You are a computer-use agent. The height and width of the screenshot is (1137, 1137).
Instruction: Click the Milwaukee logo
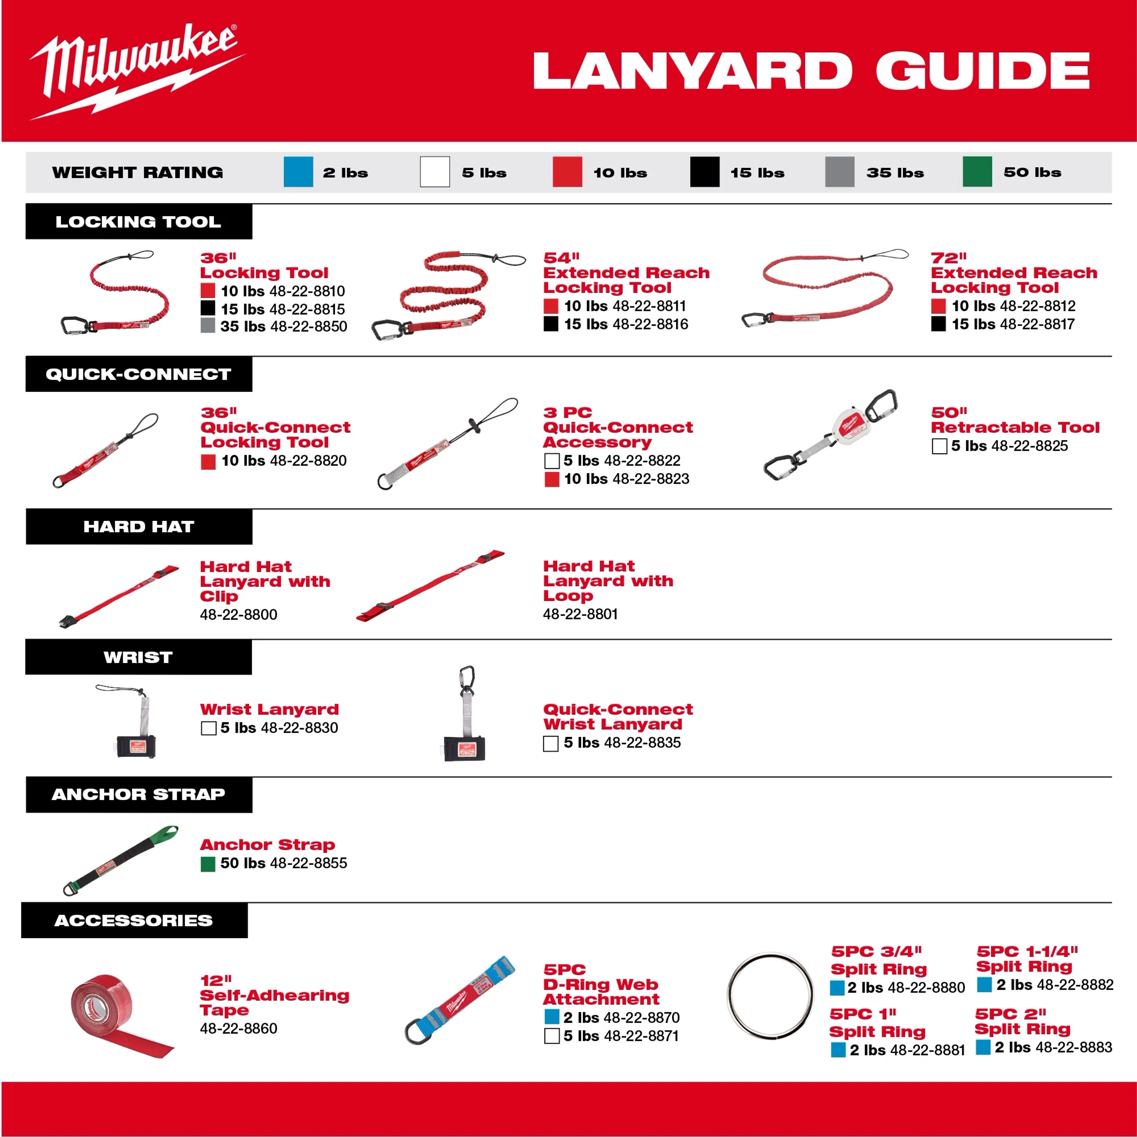click(136, 70)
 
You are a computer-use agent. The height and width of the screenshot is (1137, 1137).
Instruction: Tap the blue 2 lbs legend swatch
click(298, 172)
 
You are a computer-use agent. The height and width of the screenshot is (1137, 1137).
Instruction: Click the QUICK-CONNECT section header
click(139, 374)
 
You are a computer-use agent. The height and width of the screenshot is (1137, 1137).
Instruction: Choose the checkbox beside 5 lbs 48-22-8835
click(551, 743)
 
